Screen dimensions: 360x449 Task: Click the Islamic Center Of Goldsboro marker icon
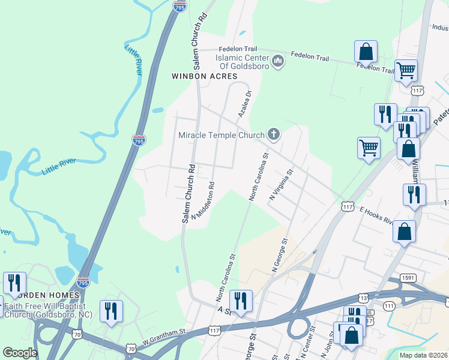(277, 61)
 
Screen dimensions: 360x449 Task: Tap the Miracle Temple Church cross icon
(274, 134)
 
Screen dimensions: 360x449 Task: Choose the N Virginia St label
(280, 184)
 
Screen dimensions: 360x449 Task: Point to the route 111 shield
(388, 306)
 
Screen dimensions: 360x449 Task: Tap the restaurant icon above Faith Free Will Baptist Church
(14, 283)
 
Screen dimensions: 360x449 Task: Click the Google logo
(20, 353)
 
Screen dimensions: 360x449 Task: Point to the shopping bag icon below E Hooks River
(405, 231)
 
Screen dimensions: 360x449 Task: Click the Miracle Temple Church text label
(221, 134)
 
